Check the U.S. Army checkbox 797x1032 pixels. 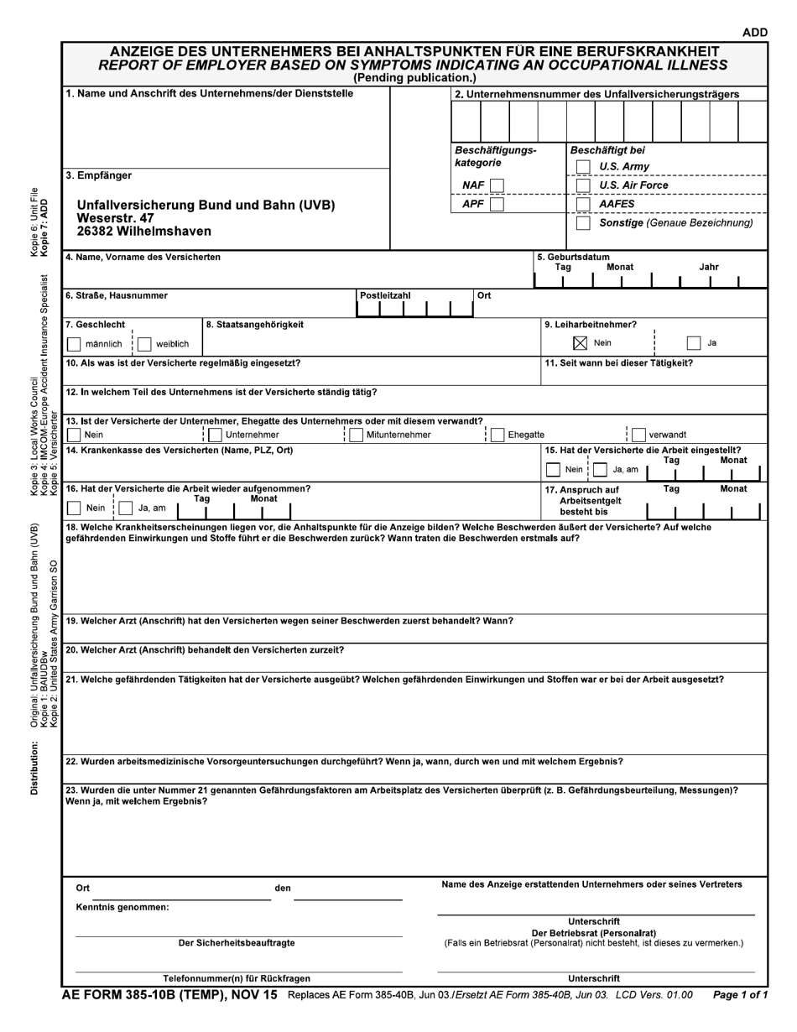(x=584, y=166)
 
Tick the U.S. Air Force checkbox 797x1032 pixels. (x=584, y=185)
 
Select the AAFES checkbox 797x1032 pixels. (x=584, y=204)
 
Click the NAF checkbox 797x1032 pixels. (x=497, y=185)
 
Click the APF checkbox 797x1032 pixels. (x=497, y=204)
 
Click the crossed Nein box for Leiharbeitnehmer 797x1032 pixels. (x=580, y=343)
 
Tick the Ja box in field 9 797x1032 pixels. (x=693, y=343)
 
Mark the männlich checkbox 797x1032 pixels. (x=74, y=344)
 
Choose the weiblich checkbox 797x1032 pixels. (x=144, y=344)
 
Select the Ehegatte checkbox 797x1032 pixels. (x=497, y=435)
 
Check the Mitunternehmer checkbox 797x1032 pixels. (x=356, y=435)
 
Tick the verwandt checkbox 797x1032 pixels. (x=638, y=435)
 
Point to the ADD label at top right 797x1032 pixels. (x=754, y=33)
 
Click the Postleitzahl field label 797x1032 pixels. (x=385, y=295)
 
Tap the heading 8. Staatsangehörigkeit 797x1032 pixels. (x=255, y=325)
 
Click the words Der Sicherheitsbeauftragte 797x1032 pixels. (x=237, y=943)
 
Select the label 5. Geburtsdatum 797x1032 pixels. (x=574, y=257)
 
